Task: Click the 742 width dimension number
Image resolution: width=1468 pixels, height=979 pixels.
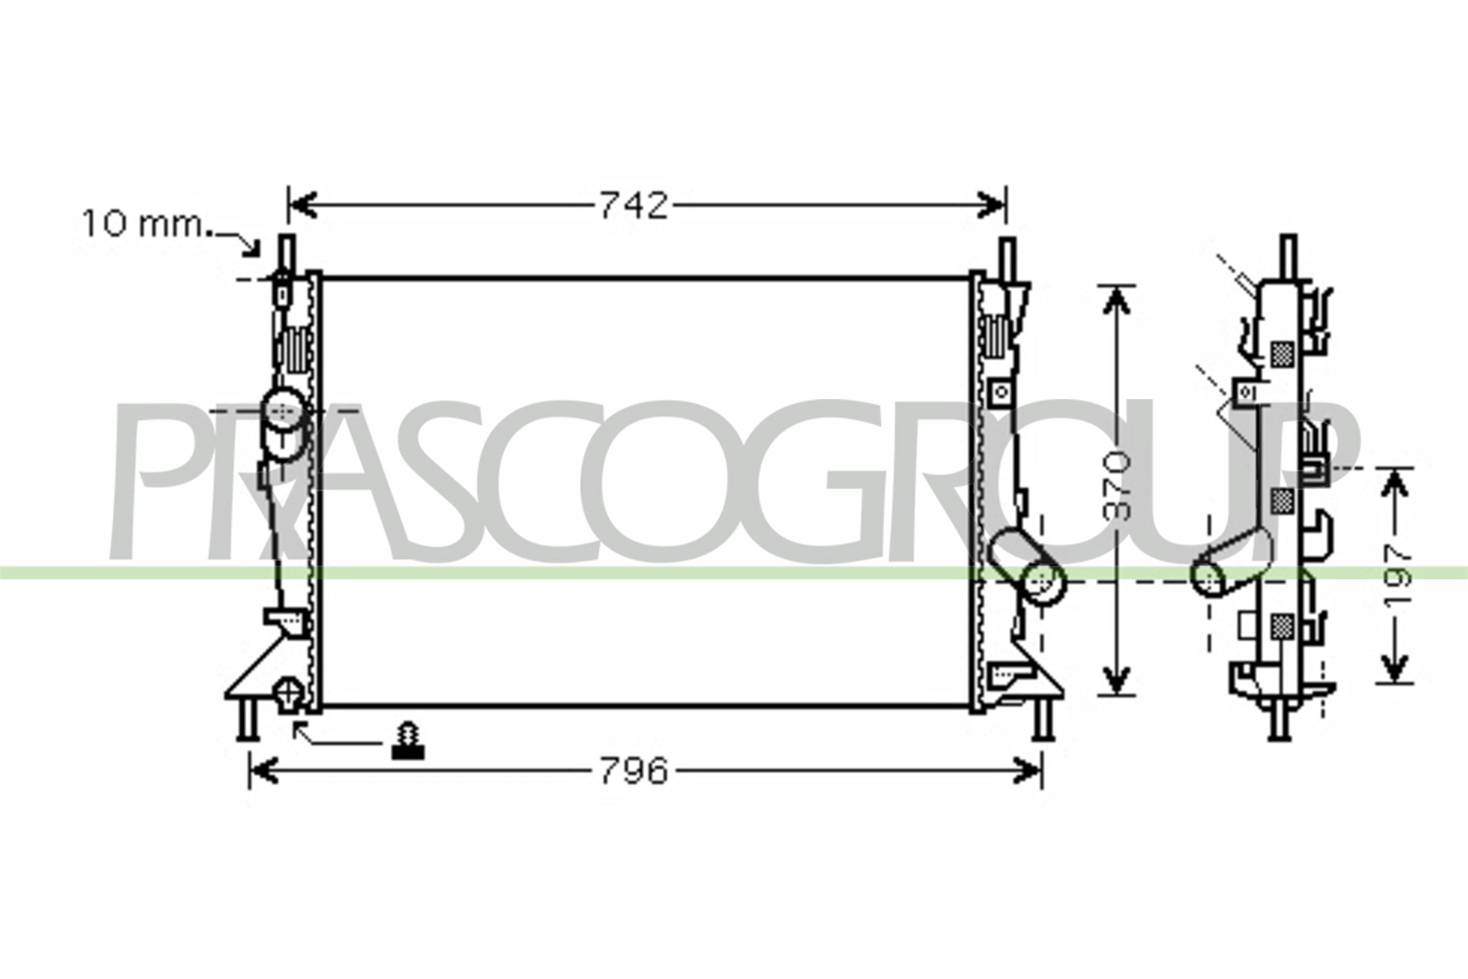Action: pos(633,206)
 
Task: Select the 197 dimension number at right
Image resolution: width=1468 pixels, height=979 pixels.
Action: pos(1396,575)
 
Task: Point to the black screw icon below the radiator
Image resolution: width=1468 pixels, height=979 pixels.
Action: pos(407,741)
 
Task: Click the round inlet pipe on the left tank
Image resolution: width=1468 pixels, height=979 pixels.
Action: pos(284,409)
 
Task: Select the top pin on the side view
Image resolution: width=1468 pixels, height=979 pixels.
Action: pos(1288,256)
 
